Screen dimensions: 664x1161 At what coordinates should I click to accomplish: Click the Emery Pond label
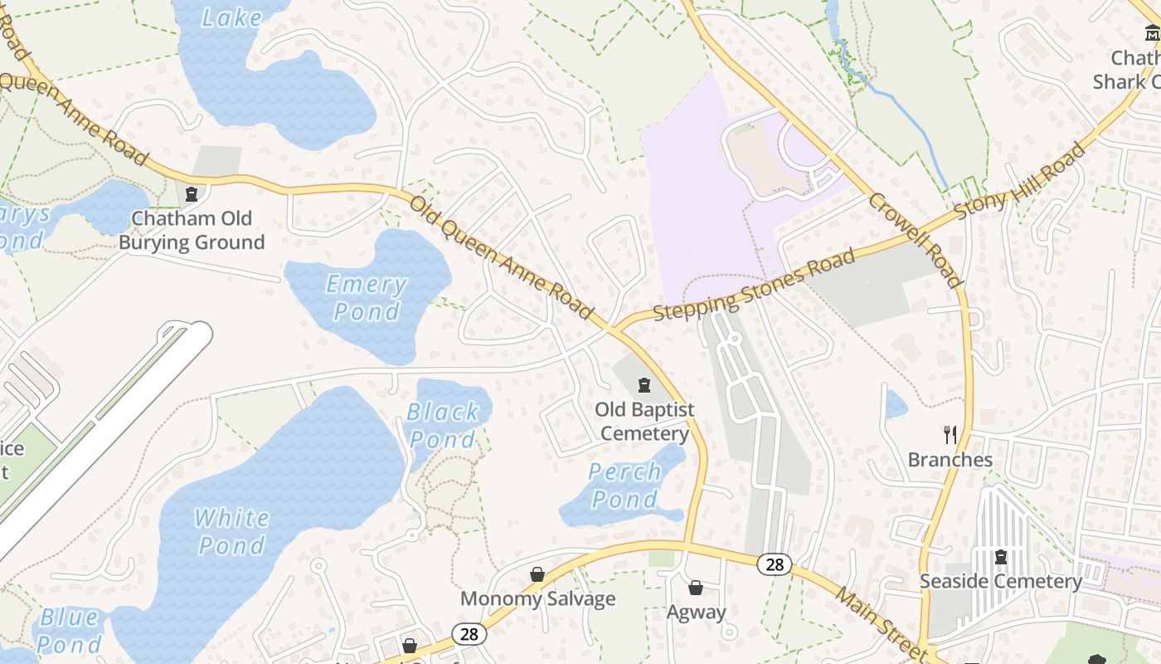367,297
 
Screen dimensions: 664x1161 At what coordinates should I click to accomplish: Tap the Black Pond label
443,425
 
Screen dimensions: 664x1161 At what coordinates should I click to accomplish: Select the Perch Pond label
624,486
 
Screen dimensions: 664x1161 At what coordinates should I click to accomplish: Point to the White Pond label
232,531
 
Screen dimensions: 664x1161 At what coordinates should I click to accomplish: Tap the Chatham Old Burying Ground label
192,231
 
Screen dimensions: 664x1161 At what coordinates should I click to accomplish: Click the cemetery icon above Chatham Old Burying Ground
192,194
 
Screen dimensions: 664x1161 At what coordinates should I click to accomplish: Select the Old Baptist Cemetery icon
644,385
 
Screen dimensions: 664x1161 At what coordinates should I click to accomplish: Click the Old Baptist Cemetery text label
644,422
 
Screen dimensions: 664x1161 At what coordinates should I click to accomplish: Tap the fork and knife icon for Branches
950,434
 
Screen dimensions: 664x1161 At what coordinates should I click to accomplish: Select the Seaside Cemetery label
1000,582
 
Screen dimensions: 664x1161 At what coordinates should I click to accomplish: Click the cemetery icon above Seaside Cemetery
1000,556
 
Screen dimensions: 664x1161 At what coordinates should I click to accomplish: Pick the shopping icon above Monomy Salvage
537,574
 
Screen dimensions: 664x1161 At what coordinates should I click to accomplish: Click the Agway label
696,613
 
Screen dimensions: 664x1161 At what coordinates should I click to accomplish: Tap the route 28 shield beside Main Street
775,565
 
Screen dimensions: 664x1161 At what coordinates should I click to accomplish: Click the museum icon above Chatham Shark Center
1152,33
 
